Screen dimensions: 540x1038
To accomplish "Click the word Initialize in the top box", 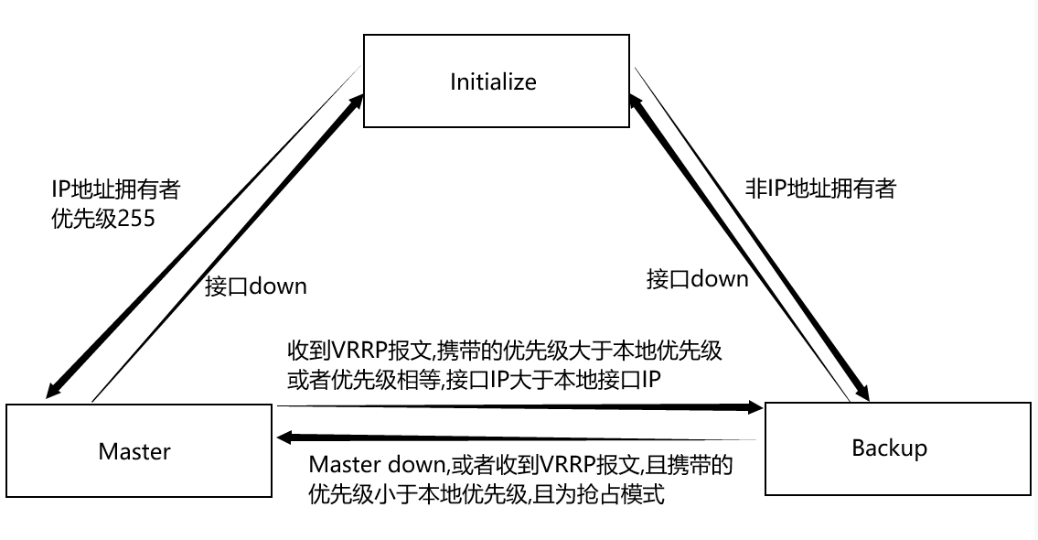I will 493,81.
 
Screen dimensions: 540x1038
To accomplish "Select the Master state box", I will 139,450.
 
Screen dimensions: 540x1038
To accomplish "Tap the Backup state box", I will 896,448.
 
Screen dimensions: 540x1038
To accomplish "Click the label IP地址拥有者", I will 116,189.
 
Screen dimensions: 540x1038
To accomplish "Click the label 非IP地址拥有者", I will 820,189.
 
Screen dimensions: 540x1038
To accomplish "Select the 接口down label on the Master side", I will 256,286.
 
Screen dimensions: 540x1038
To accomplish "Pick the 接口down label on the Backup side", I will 697,278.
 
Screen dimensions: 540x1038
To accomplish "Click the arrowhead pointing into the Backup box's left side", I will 754,405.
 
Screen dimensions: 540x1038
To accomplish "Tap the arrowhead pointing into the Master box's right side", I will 285,437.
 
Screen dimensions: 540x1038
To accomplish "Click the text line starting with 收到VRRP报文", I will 504,351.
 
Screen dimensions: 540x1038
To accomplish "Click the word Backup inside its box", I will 889,448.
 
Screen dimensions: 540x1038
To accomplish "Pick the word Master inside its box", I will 134,451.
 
